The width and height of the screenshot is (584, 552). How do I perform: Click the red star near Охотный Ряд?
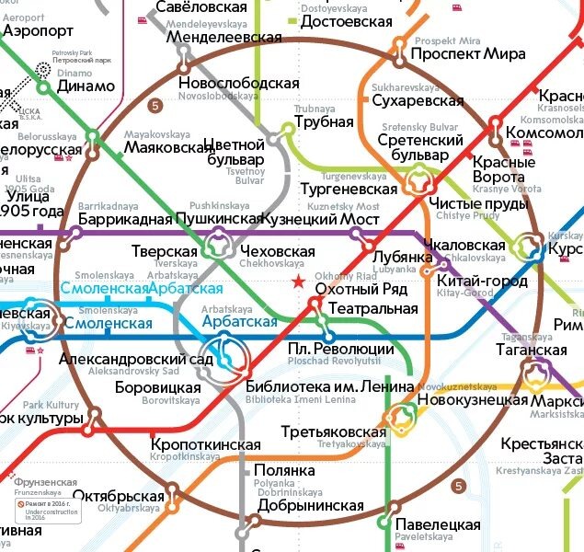[x=297, y=283]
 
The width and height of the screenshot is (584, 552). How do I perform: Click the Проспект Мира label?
[x=434, y=53]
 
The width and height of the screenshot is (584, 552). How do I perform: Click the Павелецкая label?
[x=438, y=524]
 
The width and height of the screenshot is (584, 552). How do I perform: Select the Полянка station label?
[x=284, y=470]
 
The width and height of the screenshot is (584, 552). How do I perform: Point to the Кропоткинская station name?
[x=205, y=444]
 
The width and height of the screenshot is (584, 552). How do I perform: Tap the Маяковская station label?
[x=169, y=147]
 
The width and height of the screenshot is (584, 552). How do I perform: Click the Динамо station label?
[x=86, y=86]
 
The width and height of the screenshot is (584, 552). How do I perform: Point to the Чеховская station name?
[x=277, y=252]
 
